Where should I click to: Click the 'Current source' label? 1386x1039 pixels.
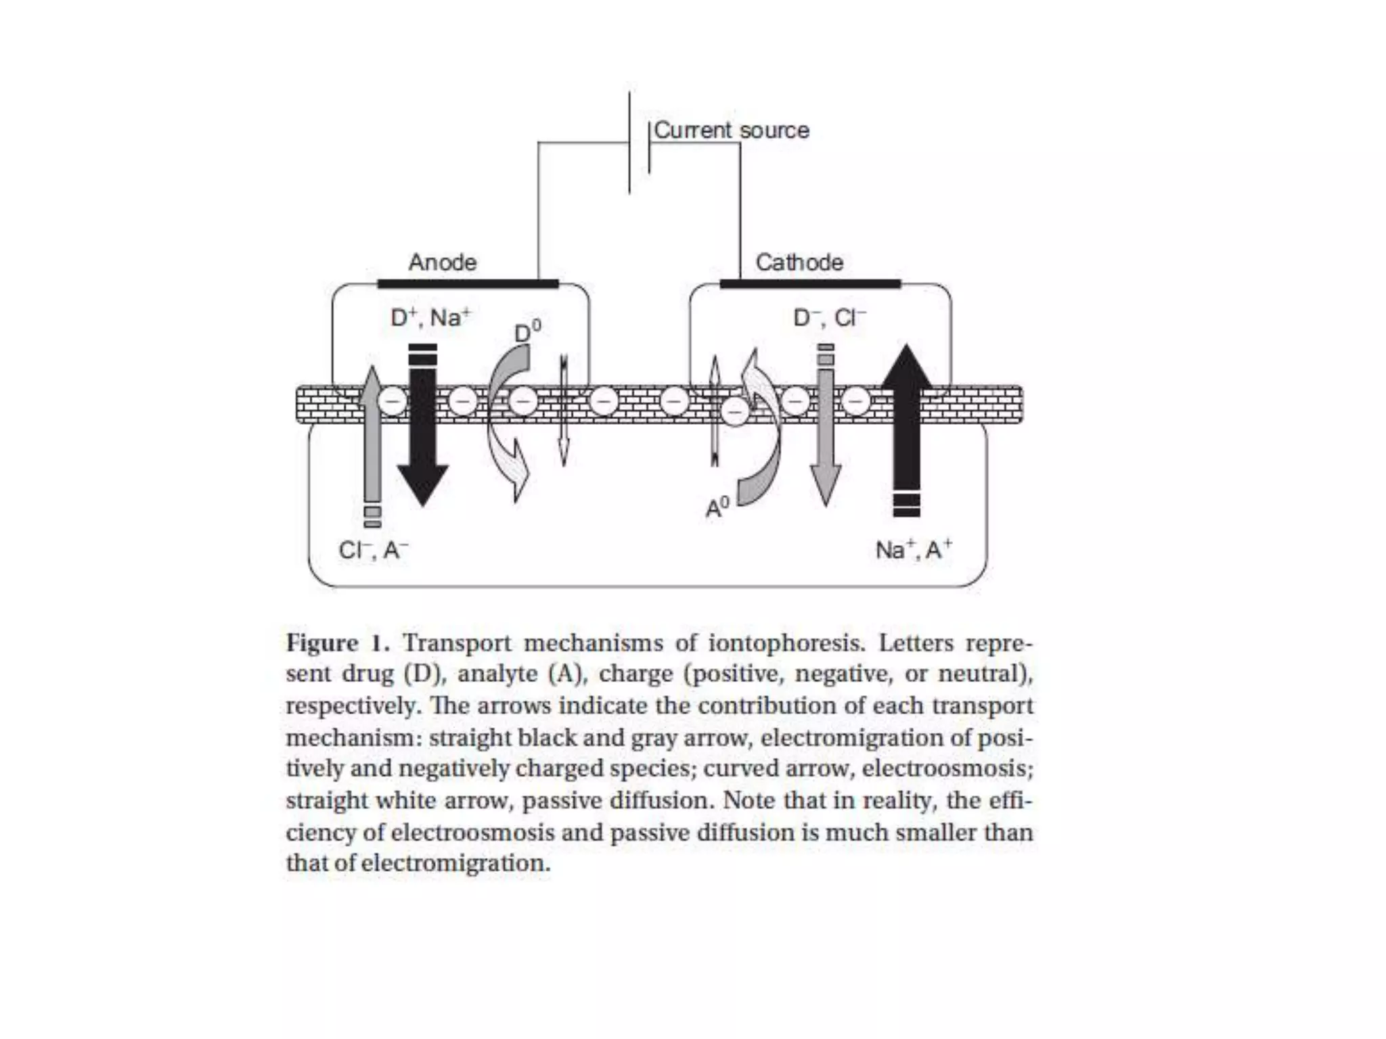coord(731,130)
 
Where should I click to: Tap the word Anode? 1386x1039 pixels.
coord(443,262)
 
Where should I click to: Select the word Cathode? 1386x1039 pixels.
coord(799,262)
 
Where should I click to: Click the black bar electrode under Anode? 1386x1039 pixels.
coord(468,283)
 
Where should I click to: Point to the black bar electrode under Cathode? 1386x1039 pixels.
coord(810,283)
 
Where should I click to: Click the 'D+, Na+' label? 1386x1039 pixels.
coord(430,317)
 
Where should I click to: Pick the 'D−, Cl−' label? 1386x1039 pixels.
coord(829,317)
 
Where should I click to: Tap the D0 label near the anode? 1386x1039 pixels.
coord(528,332)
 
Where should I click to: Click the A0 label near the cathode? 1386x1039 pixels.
coord(717,507)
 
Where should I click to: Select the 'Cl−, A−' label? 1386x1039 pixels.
coord(373,550)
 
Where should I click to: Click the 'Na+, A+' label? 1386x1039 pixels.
coord(913,550)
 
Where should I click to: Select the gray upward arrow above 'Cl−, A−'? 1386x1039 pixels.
coord(372,440)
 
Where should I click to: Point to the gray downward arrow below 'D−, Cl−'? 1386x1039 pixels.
coord(826,433)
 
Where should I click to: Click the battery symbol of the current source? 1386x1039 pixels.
coord(639,143)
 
